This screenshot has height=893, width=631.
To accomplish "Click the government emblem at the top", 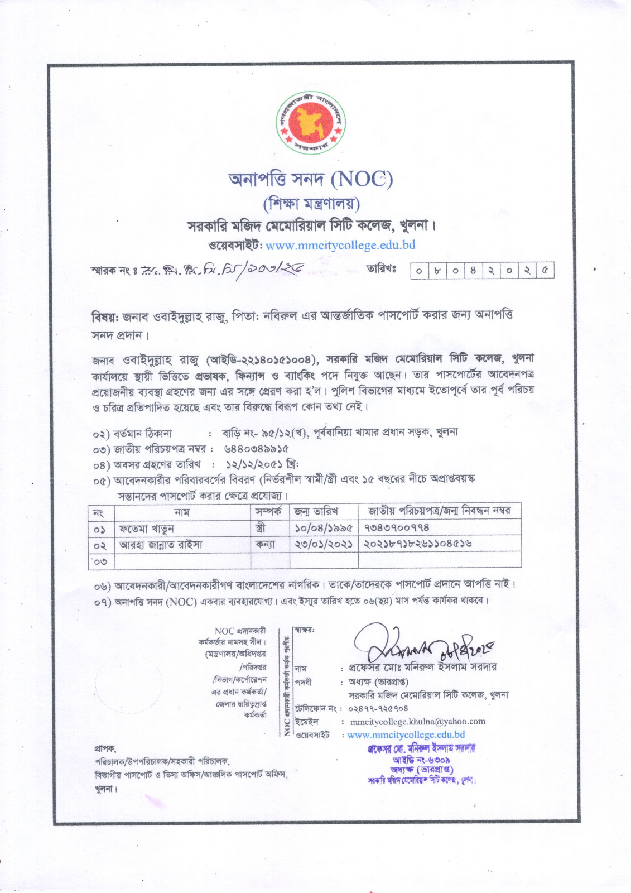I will coord(312,123).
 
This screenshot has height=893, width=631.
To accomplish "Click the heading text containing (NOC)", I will coord(311,179).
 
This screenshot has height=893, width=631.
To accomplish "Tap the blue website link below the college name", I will coord(340,245).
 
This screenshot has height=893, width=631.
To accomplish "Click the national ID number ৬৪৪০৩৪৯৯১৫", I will coord(256,448).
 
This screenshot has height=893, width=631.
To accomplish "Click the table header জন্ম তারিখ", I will coord(316,511).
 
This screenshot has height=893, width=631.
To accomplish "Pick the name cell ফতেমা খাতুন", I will coord(147,528).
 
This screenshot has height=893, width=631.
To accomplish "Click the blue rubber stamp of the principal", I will coord(421,764).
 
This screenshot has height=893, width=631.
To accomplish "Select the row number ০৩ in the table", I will coord(100,560).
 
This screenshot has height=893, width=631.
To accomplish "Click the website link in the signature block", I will coord(406,734).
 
